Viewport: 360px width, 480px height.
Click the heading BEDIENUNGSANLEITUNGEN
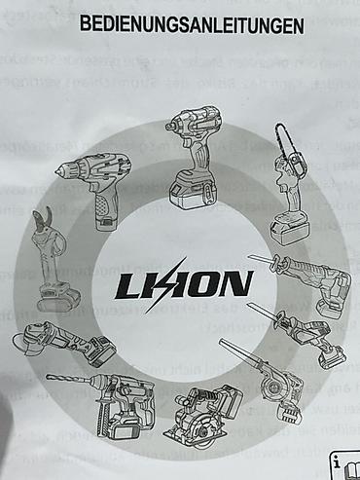pyautogui.click(x=192, y=25)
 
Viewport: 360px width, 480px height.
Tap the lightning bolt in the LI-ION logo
pyautogui.click(x=167, y=285)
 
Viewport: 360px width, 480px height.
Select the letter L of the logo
pyautogui.click(x=128, y=286)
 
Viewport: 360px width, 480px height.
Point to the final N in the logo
pyautogui.click(x=236, y=283)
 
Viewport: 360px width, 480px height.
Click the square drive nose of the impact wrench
pyautogui.click(x=170, y=127)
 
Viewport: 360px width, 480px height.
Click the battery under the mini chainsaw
pyautogui.click(x=290, y=229)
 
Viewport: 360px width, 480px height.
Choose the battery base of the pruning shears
pyautogui.click(x=57, y=297)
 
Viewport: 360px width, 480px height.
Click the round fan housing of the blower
pyautogui.click(x=274, y=387)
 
